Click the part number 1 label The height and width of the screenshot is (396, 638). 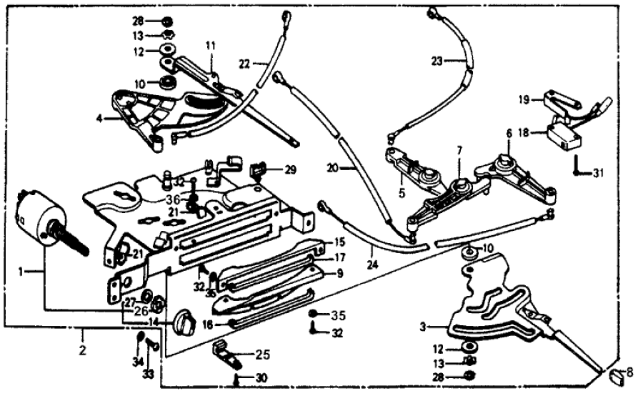coord(21,272)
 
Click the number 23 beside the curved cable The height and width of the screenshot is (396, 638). coord(437,61)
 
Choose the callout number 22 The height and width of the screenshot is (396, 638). coord(244,64)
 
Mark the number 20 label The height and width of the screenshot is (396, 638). coord(332,169)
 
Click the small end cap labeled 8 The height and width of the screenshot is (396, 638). coord(614,373)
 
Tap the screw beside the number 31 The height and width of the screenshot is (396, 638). coord(576,166)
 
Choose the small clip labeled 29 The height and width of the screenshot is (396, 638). coord(258,169)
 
